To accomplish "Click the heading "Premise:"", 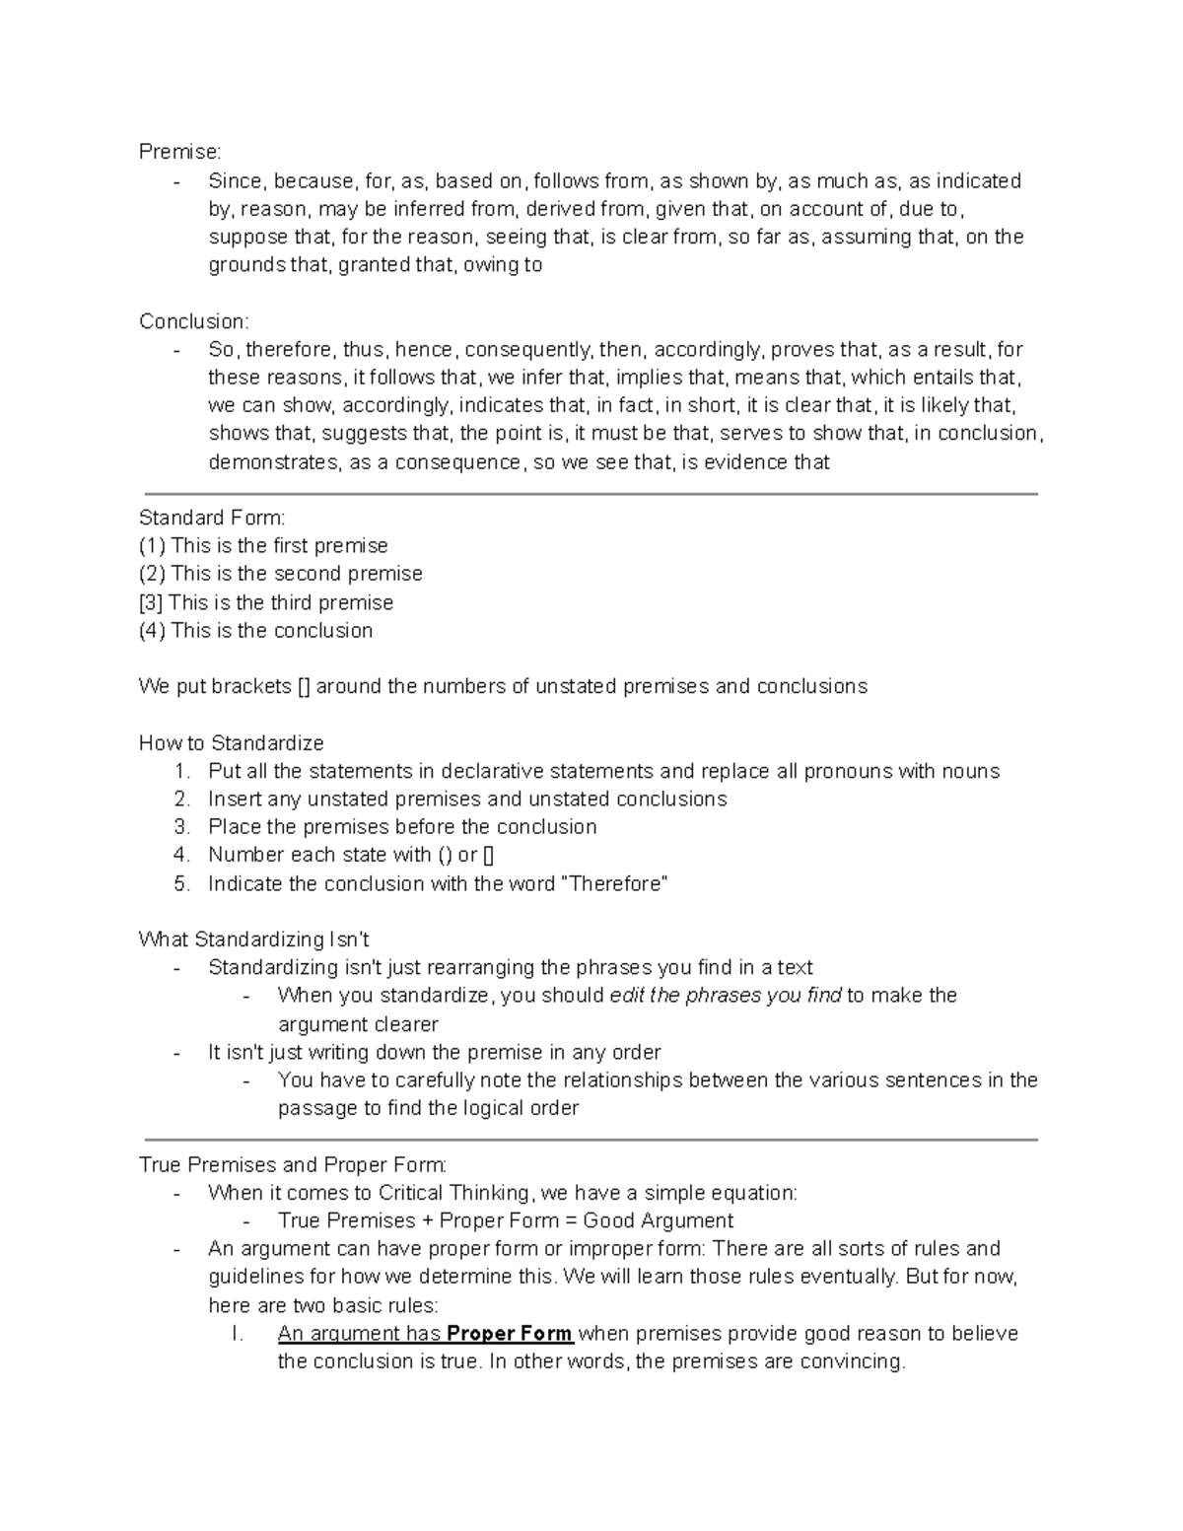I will (x=180, y=152).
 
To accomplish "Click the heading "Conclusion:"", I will (x=194, y=321).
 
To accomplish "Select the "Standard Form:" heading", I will (x=212, y=518).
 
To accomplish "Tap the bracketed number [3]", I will (x=151, y=602).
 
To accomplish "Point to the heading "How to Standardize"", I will (x=232, y=743).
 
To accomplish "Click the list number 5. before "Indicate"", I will (x=181, y=884).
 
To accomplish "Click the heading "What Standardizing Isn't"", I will (x=254, y=939).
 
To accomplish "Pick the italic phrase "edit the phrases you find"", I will (x=726, y=996).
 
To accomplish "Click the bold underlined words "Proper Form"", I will (x=510, y=1334).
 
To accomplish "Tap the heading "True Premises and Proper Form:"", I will (x=293, y=1165).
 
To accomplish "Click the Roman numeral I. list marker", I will (x=237, y=1334).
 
